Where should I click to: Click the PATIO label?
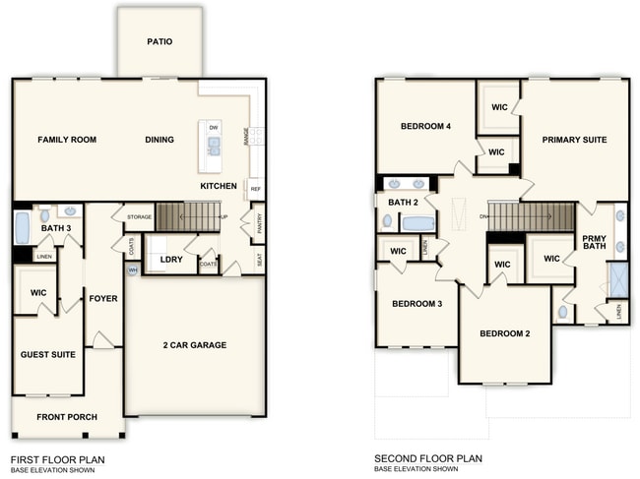(160, 42)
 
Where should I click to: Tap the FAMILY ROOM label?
(67, 140)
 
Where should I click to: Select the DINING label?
(160, 140)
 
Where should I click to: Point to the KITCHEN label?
(218, 186)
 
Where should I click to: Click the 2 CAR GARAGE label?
(195, 345)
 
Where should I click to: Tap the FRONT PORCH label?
(67, 417)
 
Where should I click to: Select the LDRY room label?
(159, 261)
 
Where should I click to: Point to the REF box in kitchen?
(255, 189)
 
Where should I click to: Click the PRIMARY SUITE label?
(574, 140)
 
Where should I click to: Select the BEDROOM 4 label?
(425, 127)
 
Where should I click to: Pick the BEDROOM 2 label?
(505, 334)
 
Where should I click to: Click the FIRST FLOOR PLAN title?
(57, 459)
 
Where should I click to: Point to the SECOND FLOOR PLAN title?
(428, 459)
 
